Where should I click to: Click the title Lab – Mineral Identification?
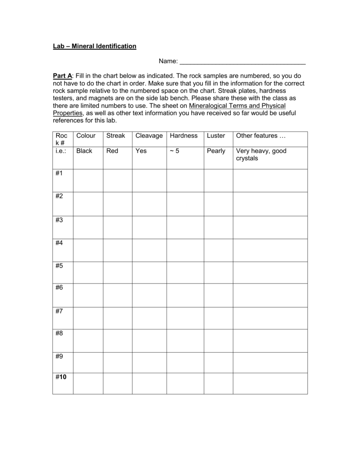click(x=95, y=46)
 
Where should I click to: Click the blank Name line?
click(x=243, y=61)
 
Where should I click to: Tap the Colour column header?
click(x=86, y=136)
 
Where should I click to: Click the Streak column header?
click(x=115, y=136)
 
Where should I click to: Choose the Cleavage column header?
click(x=149, y=136)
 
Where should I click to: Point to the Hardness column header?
click(x=184, y=136)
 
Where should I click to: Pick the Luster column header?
click(x=216, y=136)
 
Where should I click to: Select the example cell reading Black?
click(x=84, y=151)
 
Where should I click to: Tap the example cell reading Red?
click(x=112, y=151)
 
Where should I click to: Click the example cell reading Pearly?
click(x=216, y=151)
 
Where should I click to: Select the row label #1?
click(x=59, y=173)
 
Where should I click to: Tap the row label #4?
click(x=59, y=243)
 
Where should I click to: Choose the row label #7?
click(x=59, y=311)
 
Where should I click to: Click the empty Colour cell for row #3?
click(x=88, y=227)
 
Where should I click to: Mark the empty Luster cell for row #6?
click(x=218, y=295)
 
